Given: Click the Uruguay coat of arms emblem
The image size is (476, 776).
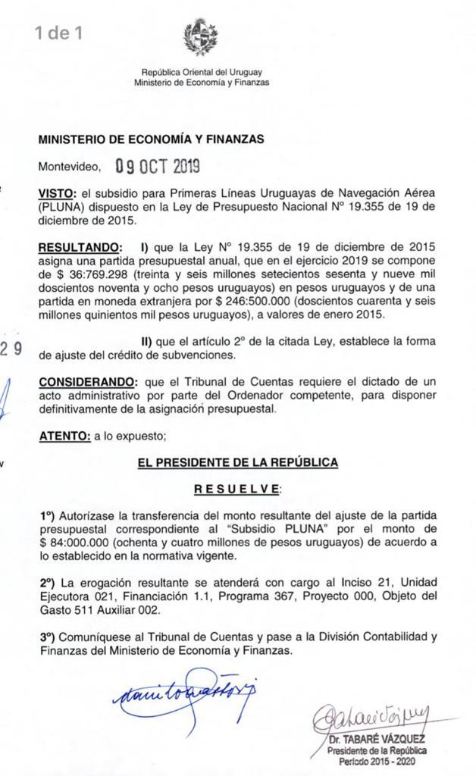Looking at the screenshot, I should click(x=201, y=37).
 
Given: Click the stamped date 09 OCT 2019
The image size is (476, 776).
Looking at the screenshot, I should click(x=158, y=166).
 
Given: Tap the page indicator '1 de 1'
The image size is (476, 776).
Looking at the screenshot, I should click(x=58, y=33).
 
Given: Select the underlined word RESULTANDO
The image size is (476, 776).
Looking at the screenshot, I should click(x=79, y=248).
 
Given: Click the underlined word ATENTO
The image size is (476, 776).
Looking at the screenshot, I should click(x=64, y=436).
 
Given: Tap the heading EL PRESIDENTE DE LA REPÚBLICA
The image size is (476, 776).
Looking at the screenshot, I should click(x=237, y=462).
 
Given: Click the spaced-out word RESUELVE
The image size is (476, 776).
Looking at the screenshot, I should click(x=237, y=489).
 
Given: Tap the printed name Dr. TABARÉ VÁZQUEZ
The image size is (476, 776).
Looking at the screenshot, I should click(x=377, y=738).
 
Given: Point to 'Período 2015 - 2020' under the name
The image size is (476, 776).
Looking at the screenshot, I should click(x=377, y=761).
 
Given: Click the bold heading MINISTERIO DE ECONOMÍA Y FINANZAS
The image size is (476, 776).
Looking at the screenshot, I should click(x=151, y=139).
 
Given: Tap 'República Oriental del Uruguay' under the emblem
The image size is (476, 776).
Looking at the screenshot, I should click(x=201, y=72).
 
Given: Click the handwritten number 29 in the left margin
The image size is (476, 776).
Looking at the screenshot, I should click(x=11, y=349).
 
